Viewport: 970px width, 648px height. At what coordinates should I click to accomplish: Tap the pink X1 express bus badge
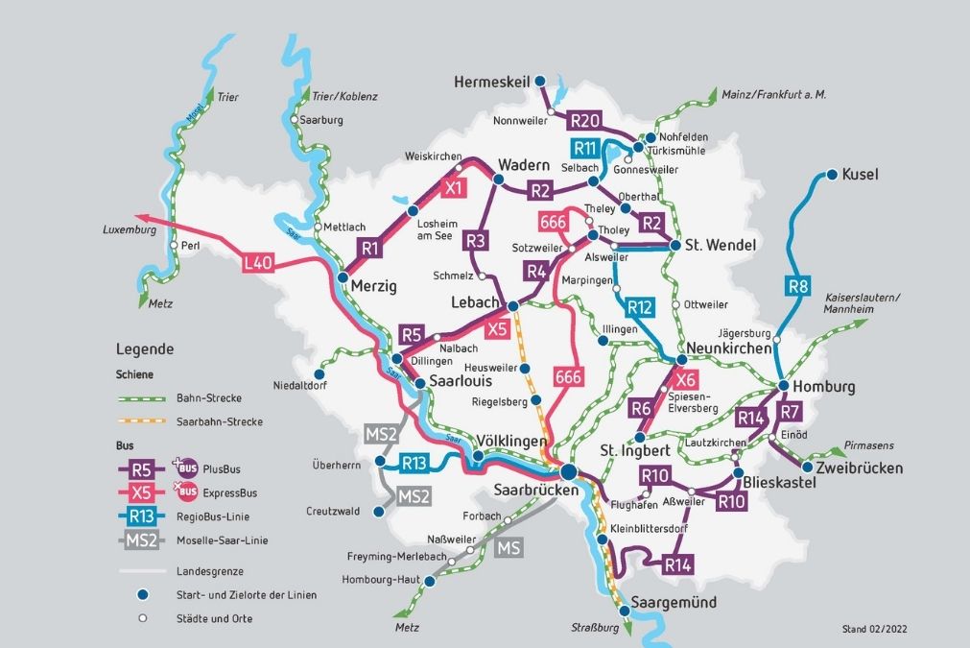coord(455,188)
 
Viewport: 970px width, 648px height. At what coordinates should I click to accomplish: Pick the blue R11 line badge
coord(586,148)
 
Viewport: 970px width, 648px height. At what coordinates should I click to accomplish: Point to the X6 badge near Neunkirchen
coord(686,379)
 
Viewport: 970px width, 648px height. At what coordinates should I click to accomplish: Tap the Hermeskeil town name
coord(489,82)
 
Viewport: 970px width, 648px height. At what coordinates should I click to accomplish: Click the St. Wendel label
coord(720,246)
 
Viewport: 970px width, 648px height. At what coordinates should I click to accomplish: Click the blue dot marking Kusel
coord(830,176)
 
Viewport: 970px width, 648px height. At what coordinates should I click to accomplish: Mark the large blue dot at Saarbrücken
coord(568,471)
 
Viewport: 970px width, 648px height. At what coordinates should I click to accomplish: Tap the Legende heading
coord(145,349)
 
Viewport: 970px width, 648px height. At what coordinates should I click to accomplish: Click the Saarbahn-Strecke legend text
coord(220,421)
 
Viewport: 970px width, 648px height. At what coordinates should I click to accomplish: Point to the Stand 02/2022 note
coord(874,630)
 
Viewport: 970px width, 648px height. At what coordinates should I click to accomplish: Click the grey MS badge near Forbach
coord(509,548)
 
